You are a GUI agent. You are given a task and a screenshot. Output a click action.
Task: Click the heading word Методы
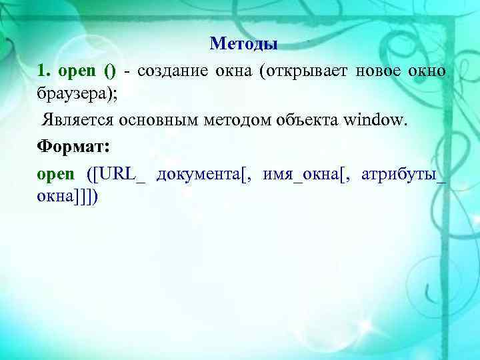click(x=243, y=44)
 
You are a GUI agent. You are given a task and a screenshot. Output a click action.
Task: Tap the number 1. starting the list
click(x=44, y=70)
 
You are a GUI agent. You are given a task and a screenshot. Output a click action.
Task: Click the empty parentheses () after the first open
click(x=109, y=70)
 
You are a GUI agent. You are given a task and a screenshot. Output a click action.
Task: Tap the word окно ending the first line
click(x=427, y=70)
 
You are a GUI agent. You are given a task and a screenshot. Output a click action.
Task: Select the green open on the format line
click(x=56, y=174)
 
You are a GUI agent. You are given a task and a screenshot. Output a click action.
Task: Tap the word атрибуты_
click(x=403, y=175)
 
